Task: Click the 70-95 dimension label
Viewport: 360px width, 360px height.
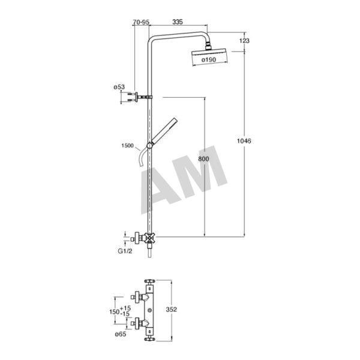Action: pyautogui.click(x=141, y=22)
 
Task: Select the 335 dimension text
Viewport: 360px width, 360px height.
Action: pyautogui.click(x=178, y=22)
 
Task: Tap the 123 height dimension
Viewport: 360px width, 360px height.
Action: pyautogui.click(x=244, y=41)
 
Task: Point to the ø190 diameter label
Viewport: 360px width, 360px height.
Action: pyautogui.click(x=208, y=59)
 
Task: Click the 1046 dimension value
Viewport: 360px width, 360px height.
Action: pyautogui.click(x=244, y=141)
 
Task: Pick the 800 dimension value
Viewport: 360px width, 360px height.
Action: pyautogui.click(x=203, y=159)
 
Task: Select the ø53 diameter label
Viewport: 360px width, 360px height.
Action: pyautogui.click(x=119, y=87)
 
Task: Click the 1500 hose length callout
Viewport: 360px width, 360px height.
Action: pyautogui.click(x=127, y=145)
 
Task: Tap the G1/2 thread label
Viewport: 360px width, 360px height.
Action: pyautogui.click(x=125, y=251)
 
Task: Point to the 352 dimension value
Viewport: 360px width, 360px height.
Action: pyautogui.click(x=171, y=309)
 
